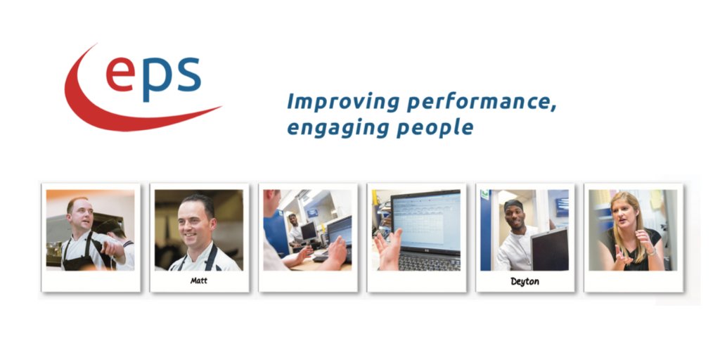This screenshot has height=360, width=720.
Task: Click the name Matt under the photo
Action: tap(199, 281)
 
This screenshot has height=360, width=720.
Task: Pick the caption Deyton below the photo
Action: tap(525, 281)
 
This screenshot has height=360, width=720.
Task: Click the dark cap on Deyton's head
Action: tap(514, 204)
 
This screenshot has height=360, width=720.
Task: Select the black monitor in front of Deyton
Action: tap(549, 250)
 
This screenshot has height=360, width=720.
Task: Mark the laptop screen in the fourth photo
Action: tap(426, 219)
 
